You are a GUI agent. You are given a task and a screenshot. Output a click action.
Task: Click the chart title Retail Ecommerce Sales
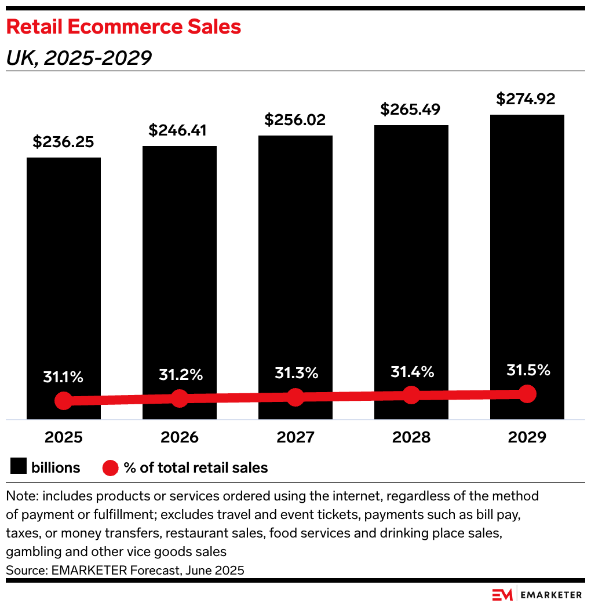[x=123, y=27]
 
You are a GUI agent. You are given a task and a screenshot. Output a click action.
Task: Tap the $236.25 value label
[x=63, y=142]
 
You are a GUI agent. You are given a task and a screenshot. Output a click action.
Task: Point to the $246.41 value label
[x=179, y=130]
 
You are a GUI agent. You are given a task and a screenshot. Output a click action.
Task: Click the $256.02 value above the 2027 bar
[x=295, y=120]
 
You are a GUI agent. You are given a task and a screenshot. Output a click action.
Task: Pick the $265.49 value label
[x=411, y=109]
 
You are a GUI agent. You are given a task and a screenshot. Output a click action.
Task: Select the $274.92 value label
[x=527, y=98]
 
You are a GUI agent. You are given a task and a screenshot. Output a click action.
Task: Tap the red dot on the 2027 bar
[x=295, y=397]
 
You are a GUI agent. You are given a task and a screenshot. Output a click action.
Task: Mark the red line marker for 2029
[x=527, y=393]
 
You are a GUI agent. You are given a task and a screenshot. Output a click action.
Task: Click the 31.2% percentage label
[x=180, y=375]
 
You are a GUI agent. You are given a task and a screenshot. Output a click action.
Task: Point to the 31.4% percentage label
[x=412, y=371]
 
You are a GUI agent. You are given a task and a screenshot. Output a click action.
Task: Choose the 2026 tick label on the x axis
[x=179, y=437]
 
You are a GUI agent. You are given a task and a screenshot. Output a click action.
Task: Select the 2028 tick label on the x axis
[x=411, y=437]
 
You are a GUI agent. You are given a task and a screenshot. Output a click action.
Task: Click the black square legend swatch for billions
[x=19, y=467]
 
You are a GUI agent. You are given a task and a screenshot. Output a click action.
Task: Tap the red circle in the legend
[x=110, y=467]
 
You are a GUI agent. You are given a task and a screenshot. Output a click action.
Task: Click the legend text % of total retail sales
[x=196, y=467]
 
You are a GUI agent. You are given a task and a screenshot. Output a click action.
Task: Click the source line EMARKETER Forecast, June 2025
[x=125, y=570]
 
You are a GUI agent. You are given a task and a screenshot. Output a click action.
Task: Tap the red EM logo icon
[x=502, y=595]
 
